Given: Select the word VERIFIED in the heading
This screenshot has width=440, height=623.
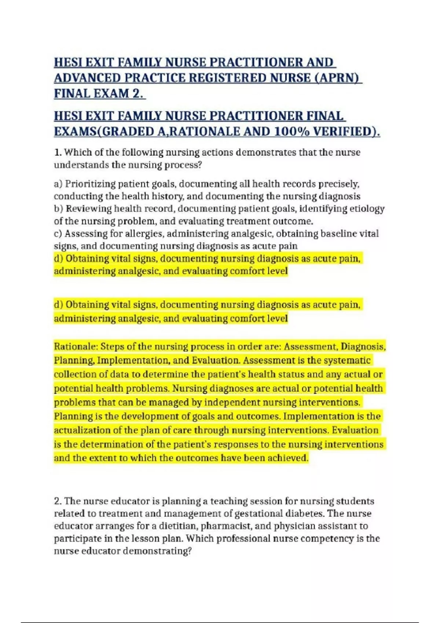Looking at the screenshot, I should pos(345,131).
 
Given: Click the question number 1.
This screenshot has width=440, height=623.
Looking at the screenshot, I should pos(57,152).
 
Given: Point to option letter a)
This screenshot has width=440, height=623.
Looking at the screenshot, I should pos(58,184).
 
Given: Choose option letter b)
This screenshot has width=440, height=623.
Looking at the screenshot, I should pos(58,209).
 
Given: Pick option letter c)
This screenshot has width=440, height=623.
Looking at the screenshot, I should pos(58,233).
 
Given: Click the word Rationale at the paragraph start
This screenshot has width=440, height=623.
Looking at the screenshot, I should pos(75,346).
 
